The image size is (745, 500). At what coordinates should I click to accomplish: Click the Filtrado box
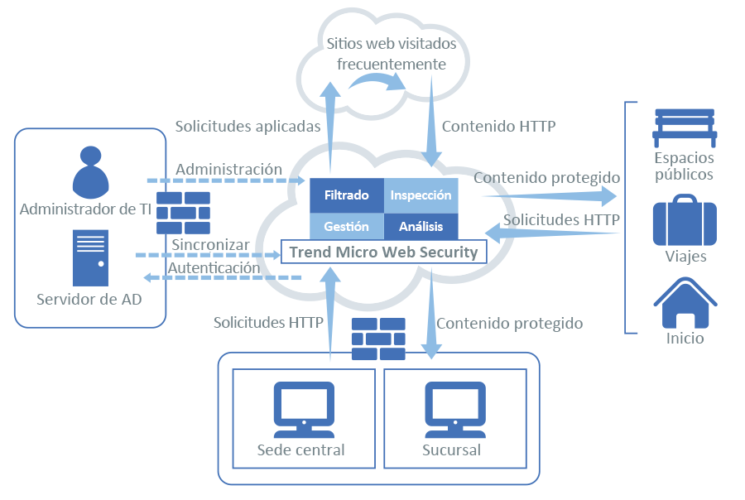346,195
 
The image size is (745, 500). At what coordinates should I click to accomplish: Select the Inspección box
421,195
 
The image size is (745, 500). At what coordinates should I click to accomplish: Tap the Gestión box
346,226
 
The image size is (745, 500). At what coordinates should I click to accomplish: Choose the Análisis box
421,226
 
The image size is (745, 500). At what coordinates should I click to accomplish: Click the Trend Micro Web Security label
384,252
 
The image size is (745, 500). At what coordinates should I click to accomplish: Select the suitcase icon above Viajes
685,220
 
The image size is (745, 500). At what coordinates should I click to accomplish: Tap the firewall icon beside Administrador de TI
183,214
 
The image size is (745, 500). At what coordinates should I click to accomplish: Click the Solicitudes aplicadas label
248,127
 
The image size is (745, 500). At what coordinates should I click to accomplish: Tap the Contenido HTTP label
498,127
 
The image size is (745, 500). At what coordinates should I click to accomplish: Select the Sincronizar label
211,245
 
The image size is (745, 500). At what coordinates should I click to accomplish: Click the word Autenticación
214,268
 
